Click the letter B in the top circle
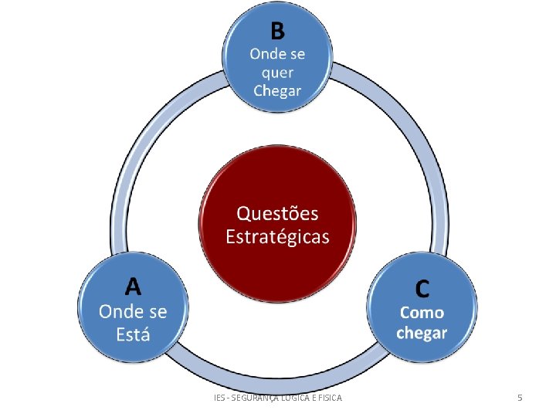pos(277,32)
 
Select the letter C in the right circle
pos(422,289)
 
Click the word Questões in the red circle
pos(277,213)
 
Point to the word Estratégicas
pos(277,236)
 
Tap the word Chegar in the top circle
pos(278,91)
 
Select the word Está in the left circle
pos(134,334)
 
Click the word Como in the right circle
pos(422,313)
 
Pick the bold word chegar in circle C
pos(422,333)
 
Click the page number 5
pos(520,397)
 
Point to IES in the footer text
pos(219,397)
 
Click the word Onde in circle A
pos(115,311)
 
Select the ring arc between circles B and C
pos(418,147)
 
